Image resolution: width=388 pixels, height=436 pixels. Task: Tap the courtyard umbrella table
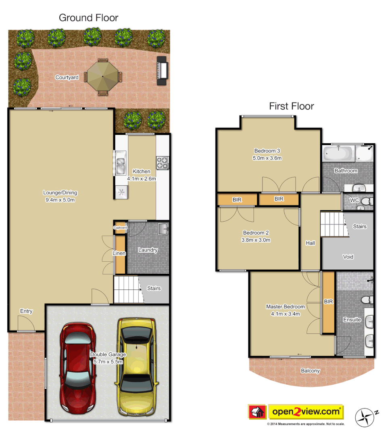click(103, 76)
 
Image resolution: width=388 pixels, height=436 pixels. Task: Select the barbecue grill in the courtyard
click(162, 71)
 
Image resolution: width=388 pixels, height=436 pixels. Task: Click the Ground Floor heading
click(88, 18)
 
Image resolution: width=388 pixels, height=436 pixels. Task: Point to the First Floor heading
click(291, 106)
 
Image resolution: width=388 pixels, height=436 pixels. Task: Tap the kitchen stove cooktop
click(163, 163)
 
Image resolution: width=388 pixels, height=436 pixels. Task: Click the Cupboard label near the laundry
click(120, 228)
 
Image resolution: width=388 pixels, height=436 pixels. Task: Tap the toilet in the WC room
click(365, 201)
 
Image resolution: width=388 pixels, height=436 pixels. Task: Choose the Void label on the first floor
click(348, 256)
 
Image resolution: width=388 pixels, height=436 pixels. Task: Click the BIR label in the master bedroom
click(328, 302)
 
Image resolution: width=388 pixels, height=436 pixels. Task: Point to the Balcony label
click(310, 371)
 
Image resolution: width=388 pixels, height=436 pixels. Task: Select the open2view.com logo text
click(306, 412)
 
